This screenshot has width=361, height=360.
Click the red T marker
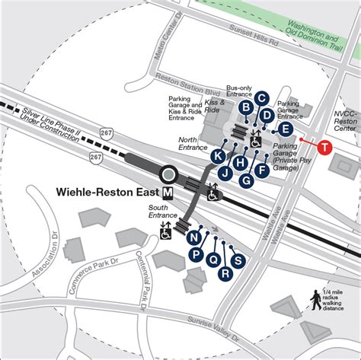[x=325, y=147]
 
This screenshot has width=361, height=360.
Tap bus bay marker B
[x=245, y=107]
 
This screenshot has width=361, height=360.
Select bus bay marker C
[x=260, y=97]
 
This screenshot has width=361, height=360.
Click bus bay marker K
[x=218, y=157]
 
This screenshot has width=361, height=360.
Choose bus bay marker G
[x=247, y=181]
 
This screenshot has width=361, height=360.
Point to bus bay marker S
[x=238, y=261]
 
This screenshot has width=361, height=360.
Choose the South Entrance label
[x=161, y=215]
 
